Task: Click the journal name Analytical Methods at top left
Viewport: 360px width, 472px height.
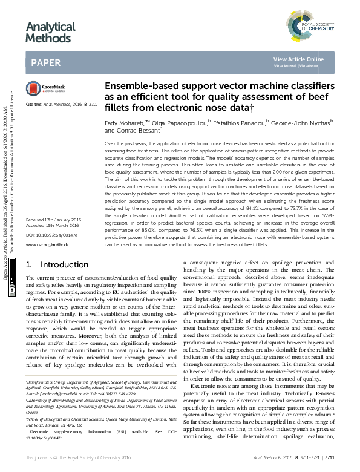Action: pos(50,32)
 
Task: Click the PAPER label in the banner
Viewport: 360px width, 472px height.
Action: pos(46,62)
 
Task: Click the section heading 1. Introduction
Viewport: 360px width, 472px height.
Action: pos(58,265)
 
